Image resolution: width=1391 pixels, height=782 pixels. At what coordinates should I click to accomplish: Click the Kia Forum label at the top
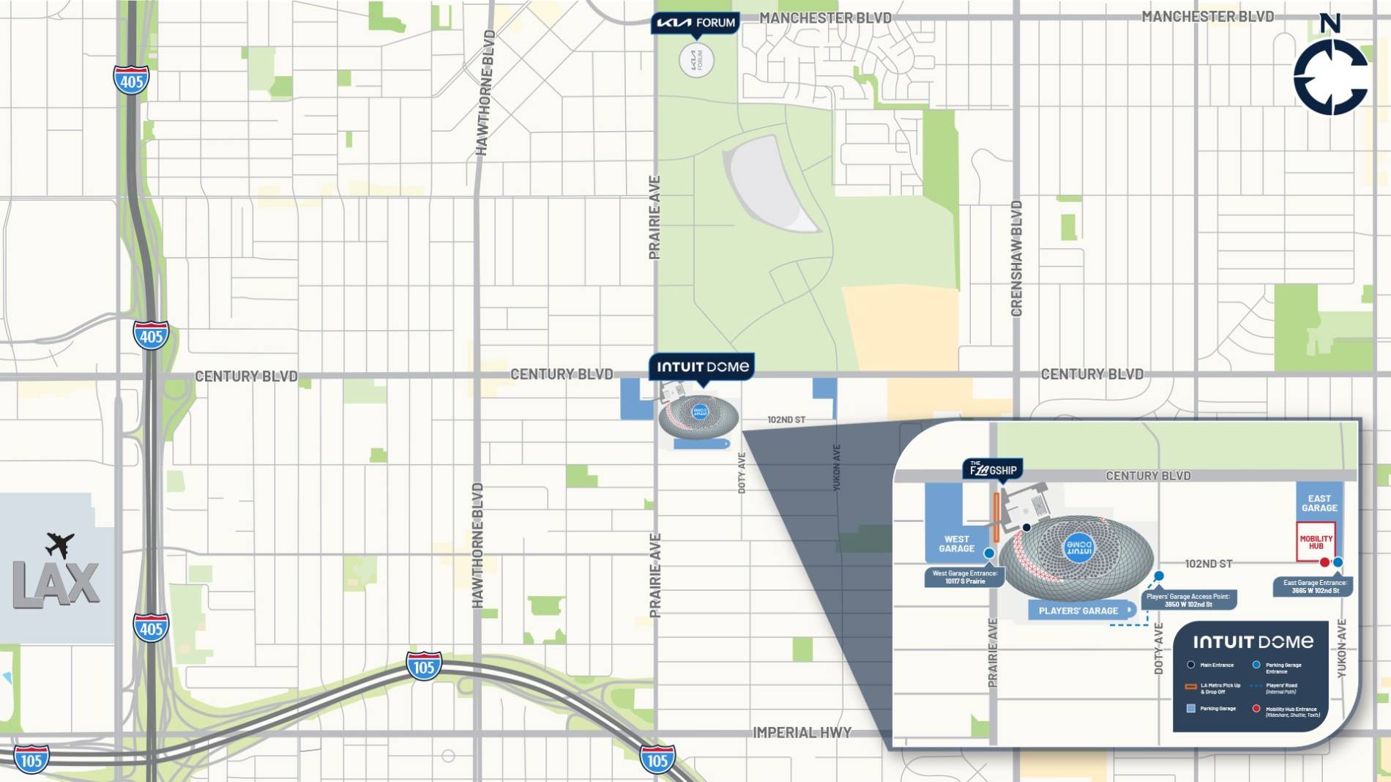click(x=695, y=23)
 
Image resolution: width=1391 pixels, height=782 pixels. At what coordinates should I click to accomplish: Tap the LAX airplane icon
click(x=60, y=544)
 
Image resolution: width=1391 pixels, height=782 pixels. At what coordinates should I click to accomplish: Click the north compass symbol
click(x=1330, y=75)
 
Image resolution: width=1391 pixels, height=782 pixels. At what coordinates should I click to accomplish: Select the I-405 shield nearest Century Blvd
click(x=151, y=336)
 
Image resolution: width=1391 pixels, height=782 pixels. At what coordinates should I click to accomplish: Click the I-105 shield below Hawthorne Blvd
click(x=424, y=666)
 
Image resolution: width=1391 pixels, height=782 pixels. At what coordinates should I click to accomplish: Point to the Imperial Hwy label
click(x=802, y=732)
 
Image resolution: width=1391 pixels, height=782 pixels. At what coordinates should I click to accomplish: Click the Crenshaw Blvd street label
click(x=1016, y=258)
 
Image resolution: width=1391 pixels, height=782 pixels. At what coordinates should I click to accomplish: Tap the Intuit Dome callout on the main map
click(x=702, y=367)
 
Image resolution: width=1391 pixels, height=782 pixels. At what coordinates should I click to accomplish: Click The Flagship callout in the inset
click(x=992, y=469)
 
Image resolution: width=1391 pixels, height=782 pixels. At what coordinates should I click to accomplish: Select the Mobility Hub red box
click(x=1316, y=542)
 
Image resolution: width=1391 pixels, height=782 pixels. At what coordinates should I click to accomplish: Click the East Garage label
click(x=1319, y=503)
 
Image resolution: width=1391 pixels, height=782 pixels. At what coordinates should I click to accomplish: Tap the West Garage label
click(x=956, y=543)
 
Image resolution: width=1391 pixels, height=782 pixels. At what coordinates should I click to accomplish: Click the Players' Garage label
click(x=1078, y=610)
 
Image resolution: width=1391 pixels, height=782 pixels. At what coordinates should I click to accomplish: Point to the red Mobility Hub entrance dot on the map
click(x=1324, y=562)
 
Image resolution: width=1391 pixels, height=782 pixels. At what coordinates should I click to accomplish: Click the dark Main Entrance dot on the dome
click(x=1026, y=527)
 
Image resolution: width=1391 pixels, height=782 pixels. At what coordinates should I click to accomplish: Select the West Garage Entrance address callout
click(x=964, y=577)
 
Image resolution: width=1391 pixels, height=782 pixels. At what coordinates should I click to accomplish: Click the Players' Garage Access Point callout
click(x=1188, y=600)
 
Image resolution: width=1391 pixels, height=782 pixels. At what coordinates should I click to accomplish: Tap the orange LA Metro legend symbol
click(x=1190, y=687)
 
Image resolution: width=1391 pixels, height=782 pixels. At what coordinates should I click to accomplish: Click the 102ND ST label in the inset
click(x=1208, y=564)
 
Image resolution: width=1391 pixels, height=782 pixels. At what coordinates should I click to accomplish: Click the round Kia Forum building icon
click(x=696, y=60)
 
